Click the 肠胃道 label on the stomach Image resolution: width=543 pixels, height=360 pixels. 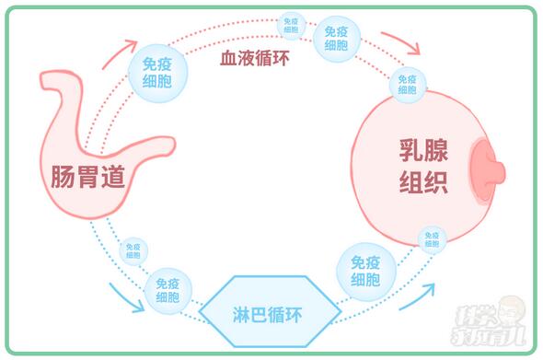pos(88,178)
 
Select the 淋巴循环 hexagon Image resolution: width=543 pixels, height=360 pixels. pos(270,313)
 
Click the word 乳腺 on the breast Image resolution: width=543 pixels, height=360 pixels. pos(423,149)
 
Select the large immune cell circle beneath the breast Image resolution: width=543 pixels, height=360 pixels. pos(365,270)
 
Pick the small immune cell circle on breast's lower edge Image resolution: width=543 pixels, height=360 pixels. pos(431,240)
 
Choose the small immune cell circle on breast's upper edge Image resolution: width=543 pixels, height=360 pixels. pos(407,84)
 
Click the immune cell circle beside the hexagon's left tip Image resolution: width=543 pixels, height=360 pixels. pos(168,292)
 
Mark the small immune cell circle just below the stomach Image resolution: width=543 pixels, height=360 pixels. pos(133,249)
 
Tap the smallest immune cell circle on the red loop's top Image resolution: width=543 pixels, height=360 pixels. pos(291,24)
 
